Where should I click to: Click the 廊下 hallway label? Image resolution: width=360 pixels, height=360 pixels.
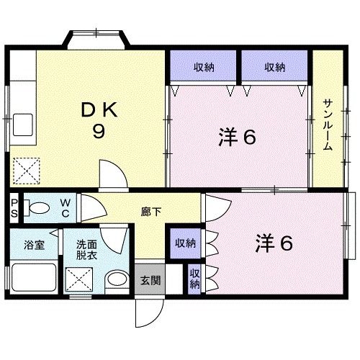150,212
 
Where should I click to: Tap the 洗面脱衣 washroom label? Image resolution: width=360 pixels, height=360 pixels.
91,249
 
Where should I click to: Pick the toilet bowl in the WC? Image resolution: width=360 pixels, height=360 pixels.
39,209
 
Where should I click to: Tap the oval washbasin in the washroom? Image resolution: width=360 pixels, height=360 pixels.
114,279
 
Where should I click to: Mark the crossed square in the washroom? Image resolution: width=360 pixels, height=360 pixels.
77,277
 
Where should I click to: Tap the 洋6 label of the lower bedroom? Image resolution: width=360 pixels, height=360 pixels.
273,243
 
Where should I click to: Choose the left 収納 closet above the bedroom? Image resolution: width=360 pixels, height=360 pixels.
204,68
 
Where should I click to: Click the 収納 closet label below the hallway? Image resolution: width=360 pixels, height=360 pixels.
185,243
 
